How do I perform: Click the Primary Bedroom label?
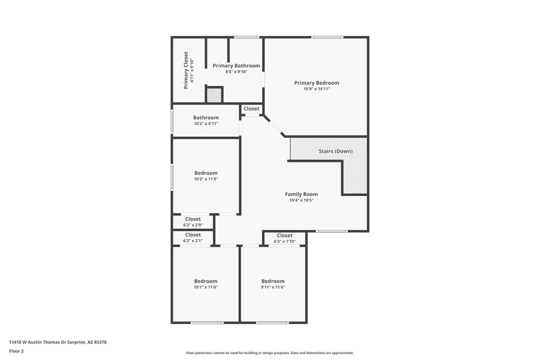[x=316, y=83]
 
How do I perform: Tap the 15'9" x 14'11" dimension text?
[x=316, y=89]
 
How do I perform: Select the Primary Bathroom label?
[x=236, y=65]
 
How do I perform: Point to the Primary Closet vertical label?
[x=186, y=70]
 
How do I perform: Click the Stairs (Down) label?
[x=335, y=151]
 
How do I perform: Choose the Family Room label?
[x=301, y=194]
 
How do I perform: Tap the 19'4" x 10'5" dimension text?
[x=301, y=200]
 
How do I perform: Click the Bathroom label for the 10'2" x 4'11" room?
[x=206, y=118]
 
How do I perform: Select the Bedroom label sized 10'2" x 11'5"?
[x=206, y=173]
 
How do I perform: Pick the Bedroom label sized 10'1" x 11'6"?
[x=206, y=281]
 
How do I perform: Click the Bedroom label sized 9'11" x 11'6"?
[x=273, y=281]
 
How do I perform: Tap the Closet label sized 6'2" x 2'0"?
[x=193, y=219]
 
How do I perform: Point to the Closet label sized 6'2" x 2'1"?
[x=193, y=235]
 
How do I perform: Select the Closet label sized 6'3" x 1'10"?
[x=285, y=235]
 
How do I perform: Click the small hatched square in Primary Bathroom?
[x=214, y=95]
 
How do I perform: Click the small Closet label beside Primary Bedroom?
[x=251, y=108]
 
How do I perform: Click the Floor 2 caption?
[x=16, y=351]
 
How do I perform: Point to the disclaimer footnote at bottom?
[x=270, y=352]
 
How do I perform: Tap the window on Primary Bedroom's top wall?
[x=327, y=37]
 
